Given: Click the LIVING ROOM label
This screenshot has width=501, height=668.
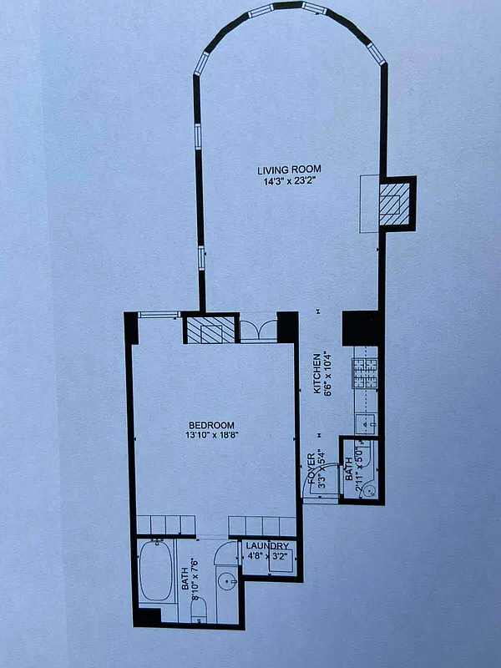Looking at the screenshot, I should pos(289,170).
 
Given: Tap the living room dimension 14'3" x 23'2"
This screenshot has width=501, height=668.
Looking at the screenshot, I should pos(289,180).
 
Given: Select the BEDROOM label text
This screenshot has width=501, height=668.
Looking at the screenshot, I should pos(211,425).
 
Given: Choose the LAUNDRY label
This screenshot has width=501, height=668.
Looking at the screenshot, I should pos(266,546).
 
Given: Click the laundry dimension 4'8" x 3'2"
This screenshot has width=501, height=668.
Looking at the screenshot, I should pos(266,557).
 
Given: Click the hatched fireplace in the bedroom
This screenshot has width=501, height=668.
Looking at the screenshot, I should pos(208,331).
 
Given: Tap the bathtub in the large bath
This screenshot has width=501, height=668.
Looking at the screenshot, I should pos(156,571).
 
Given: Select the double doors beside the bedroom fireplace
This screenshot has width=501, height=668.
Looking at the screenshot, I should pos(257,329).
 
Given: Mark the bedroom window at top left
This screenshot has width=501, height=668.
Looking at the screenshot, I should pos(159,315).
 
